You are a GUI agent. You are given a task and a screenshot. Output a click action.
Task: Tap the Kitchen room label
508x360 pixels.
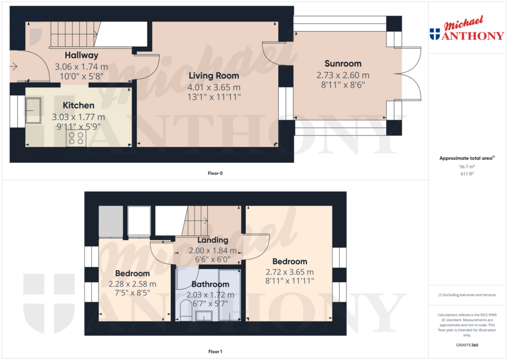(x=78, y=105)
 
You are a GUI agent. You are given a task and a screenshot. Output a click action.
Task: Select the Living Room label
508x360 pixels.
(x=214, y=76)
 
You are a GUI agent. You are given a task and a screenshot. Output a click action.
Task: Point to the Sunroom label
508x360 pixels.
(x=343, y=64)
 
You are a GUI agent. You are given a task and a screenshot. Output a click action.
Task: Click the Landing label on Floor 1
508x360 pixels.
(x=213, y=240)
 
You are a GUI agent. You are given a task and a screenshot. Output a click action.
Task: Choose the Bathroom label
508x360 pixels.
(x=210, y=284)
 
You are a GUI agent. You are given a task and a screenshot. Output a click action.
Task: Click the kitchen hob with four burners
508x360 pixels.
(x=76, y=139)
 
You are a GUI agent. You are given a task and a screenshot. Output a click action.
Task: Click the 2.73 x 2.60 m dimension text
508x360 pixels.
(x=343, y=75)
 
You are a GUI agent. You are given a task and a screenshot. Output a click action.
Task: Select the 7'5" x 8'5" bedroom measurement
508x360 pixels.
(x=132, y=293)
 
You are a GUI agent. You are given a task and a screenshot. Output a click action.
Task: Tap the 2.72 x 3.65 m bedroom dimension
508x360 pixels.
(x=290, y=272)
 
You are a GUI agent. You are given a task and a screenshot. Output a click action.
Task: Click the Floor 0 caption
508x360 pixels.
(x=215, y=173)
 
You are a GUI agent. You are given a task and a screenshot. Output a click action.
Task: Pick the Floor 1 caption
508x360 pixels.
(x=215, y=352)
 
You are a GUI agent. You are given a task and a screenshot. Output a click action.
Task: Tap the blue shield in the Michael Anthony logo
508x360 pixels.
(x=435, y=34)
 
